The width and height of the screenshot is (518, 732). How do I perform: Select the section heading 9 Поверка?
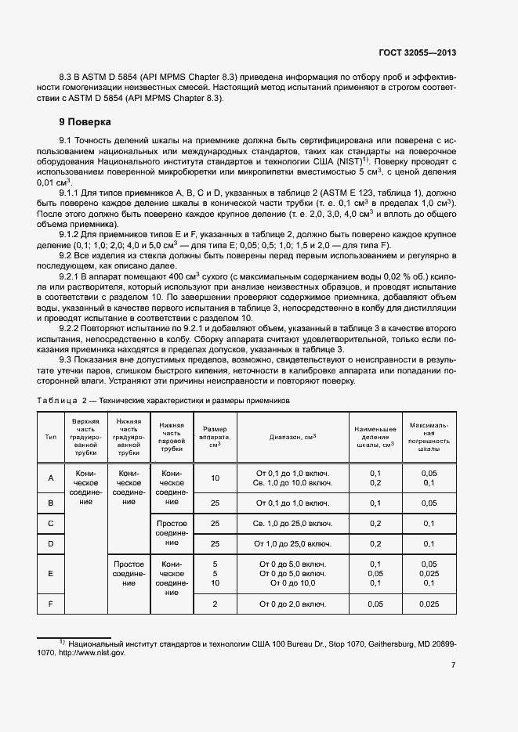pyautogui.click(x=85, y=122)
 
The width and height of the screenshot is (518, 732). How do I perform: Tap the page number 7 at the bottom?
pyautogui.click(x=454, y=665)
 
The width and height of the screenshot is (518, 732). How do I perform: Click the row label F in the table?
pyautogui.click(x=51, y=604)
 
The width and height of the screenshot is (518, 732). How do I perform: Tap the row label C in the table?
pyautogui.click(x=51, y=523)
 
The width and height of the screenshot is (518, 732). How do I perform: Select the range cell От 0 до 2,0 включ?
pyautogui.click(x=292, y=604)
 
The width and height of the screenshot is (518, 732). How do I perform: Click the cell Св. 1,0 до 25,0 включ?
pyautogui.click(x=292, y=523)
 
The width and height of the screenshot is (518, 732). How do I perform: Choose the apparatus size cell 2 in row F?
pyautogui.click(x=215, y=604)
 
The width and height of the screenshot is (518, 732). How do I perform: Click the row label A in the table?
pyautogui.click(x=51, y=478)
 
